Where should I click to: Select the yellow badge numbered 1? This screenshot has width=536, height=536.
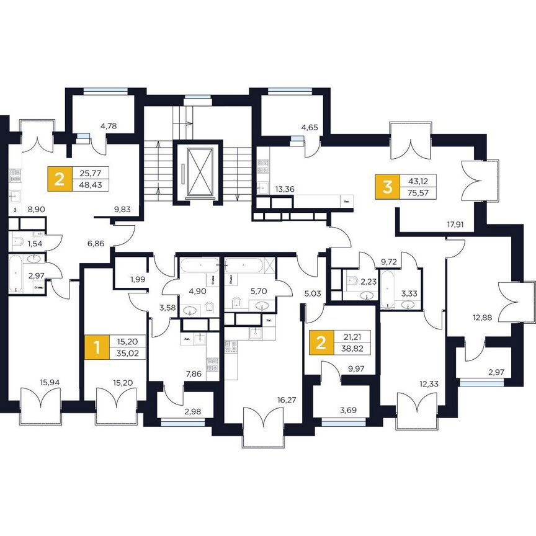coord(96,347)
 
